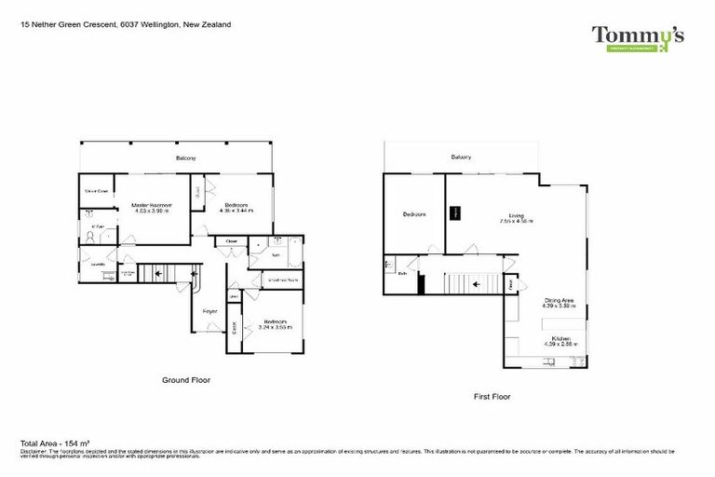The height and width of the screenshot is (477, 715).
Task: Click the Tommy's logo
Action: (x=638, y=37)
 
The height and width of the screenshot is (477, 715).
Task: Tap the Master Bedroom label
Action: (x=150, y=204)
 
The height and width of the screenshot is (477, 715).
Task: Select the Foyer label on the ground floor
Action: (x=209, y=310)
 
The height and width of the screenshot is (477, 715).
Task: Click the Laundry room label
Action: (x=97, y=264)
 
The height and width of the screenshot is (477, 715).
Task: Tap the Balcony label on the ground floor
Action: (x=185, y=158)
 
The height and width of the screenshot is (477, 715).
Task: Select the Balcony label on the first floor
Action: (x=460, y=157)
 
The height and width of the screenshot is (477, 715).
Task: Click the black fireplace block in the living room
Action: (x=456, y=212)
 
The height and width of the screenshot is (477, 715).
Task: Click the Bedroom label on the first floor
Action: (x=413, y=214)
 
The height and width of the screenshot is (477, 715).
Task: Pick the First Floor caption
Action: (x=492, y=396)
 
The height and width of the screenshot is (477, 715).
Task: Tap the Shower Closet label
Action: (x=96, y=191)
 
